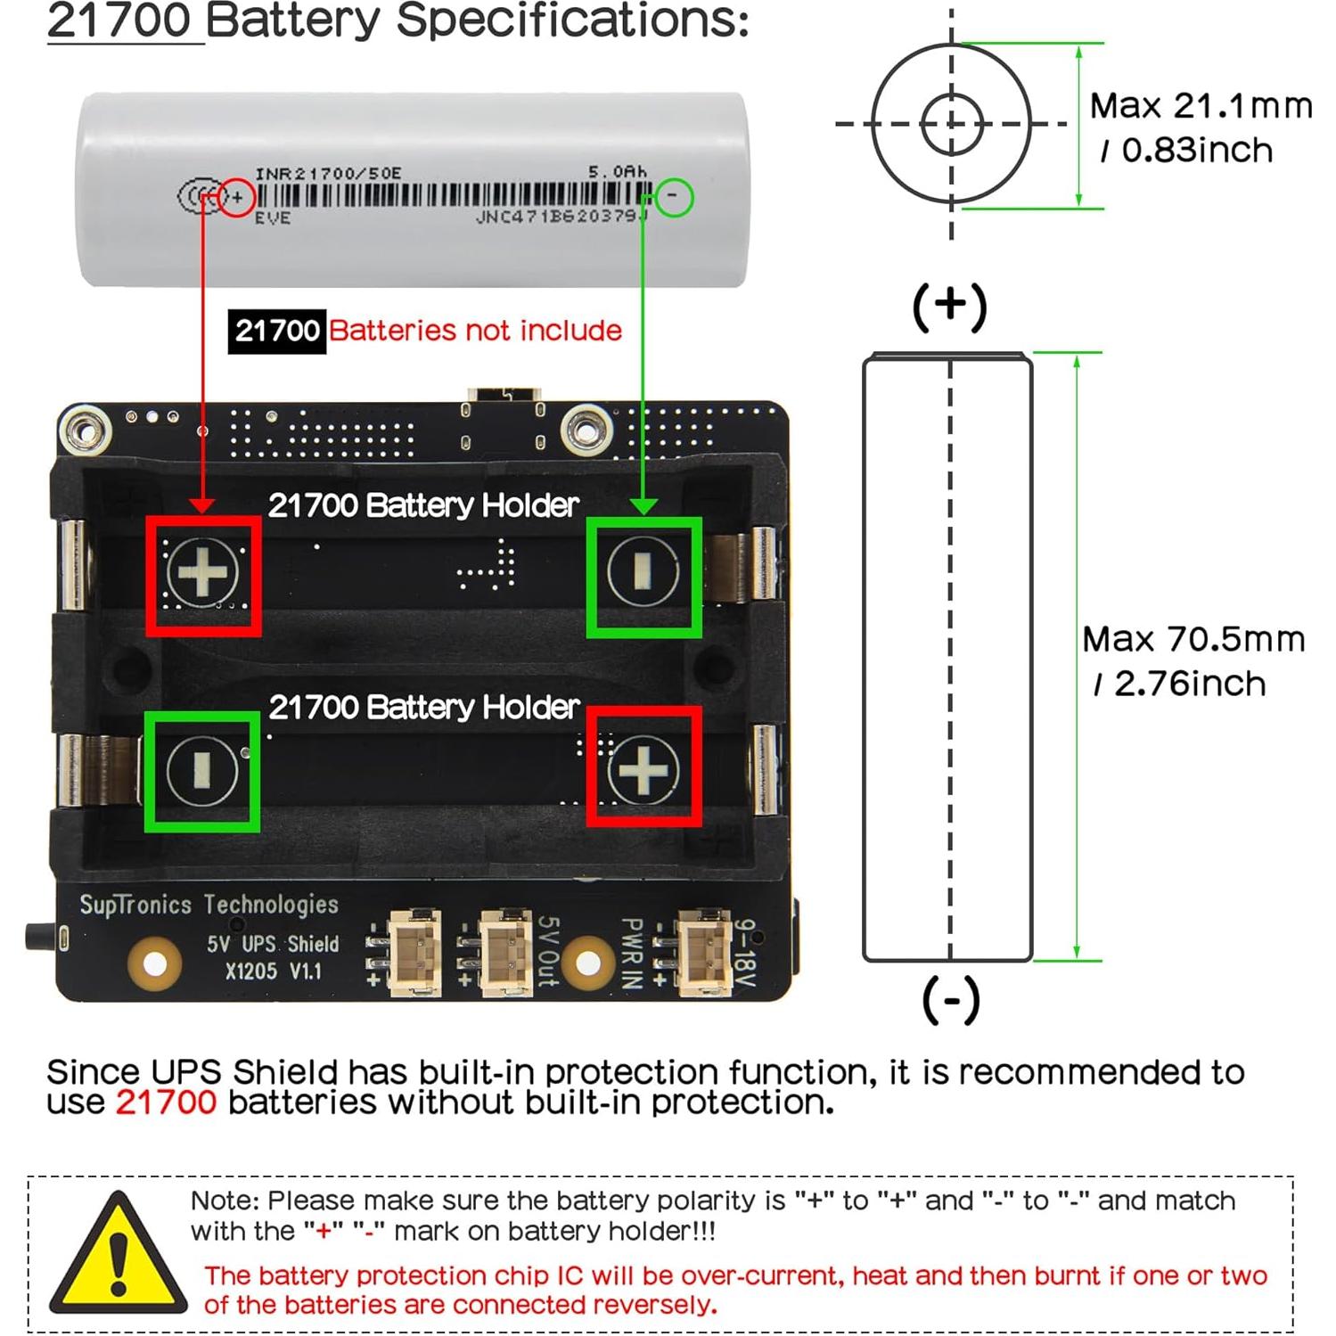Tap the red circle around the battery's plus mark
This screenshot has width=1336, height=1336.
click(x=237, y=197)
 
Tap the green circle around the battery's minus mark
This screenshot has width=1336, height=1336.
click(x=674, y=197)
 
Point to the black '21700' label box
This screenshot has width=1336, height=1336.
click(x=277, y=331)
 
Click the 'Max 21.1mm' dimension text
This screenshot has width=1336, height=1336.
click(x=1201, y=106)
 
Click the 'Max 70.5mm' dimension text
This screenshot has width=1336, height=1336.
click(x=1193, y=639)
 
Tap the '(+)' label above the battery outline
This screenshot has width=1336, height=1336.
click(x=950, y=306)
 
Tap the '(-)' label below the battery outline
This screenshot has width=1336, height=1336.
click(x=951, y=999)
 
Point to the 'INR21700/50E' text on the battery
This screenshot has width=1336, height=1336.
click(x=328, y=174)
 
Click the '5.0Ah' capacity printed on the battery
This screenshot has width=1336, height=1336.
click(x=617, y=171)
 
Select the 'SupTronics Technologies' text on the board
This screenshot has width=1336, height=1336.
click(x=209, y=905)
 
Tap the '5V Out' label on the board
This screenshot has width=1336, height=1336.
click(x=547, y=952)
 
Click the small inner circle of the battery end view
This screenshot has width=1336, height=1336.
click(x=951, y=124)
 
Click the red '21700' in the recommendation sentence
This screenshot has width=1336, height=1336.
click(x=166, y=1102)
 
